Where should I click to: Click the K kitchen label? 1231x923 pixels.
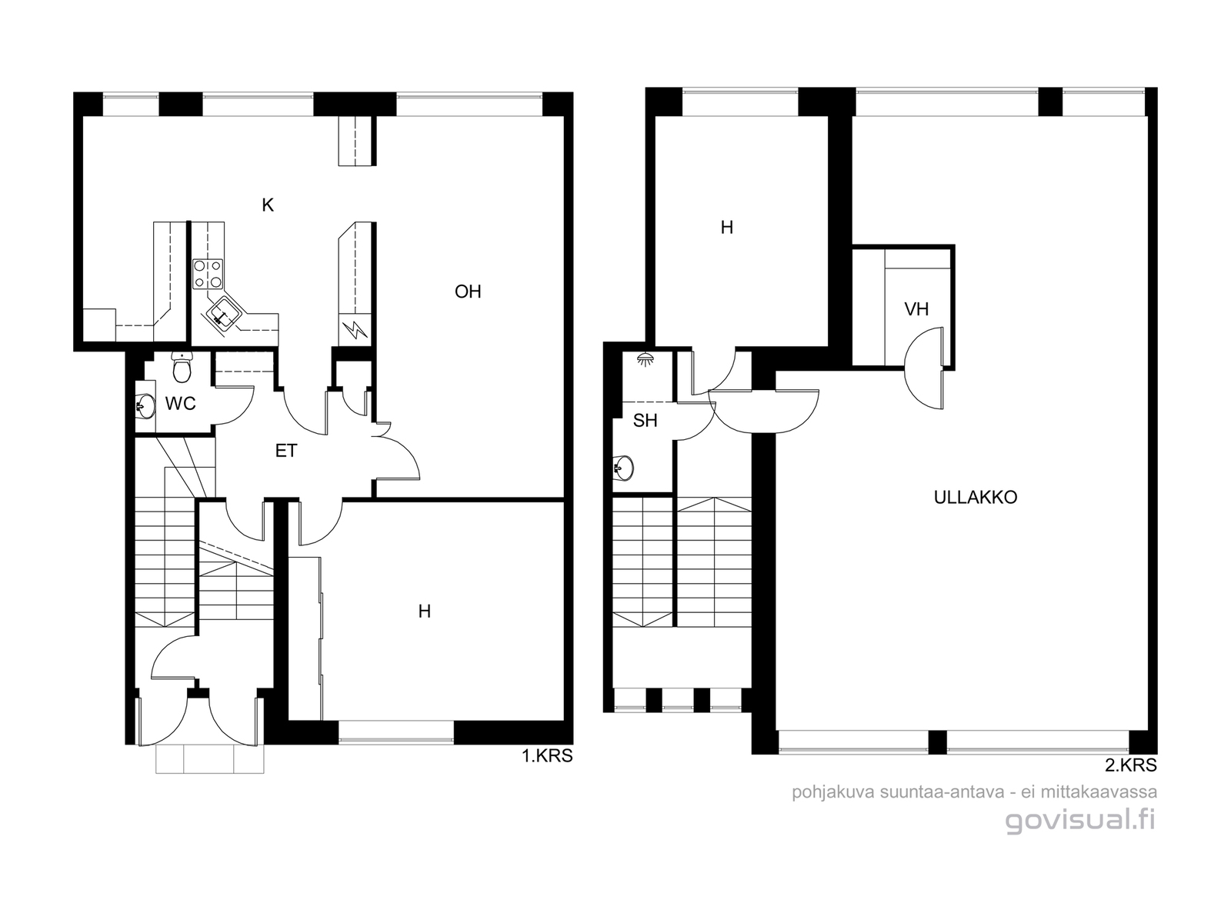[268, 205]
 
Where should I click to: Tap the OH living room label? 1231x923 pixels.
[468, 292]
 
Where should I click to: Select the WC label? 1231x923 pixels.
[181, 403]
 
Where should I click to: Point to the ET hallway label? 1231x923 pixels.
[286, 451]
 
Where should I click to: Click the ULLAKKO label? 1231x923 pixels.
[976, 497]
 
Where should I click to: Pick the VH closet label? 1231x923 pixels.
[916, 308]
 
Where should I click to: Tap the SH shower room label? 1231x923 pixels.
[645, 420]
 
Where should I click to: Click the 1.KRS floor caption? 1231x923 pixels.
[547, 756]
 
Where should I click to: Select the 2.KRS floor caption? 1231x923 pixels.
[1131, 765]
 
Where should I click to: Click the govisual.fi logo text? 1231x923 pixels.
[1081, 821]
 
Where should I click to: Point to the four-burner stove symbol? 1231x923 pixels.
[208, 274]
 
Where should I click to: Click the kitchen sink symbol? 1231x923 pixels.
[222, 317]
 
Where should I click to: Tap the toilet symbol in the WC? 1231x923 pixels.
[181, 367]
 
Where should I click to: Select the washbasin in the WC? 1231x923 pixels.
[145, 406]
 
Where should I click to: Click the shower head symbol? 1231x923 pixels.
[646, 358]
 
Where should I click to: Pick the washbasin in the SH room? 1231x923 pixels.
[624, 468]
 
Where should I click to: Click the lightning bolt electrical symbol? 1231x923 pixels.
[355, 329]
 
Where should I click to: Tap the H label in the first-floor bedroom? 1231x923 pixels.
[425, 611]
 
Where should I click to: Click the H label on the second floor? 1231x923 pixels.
[727, 227]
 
